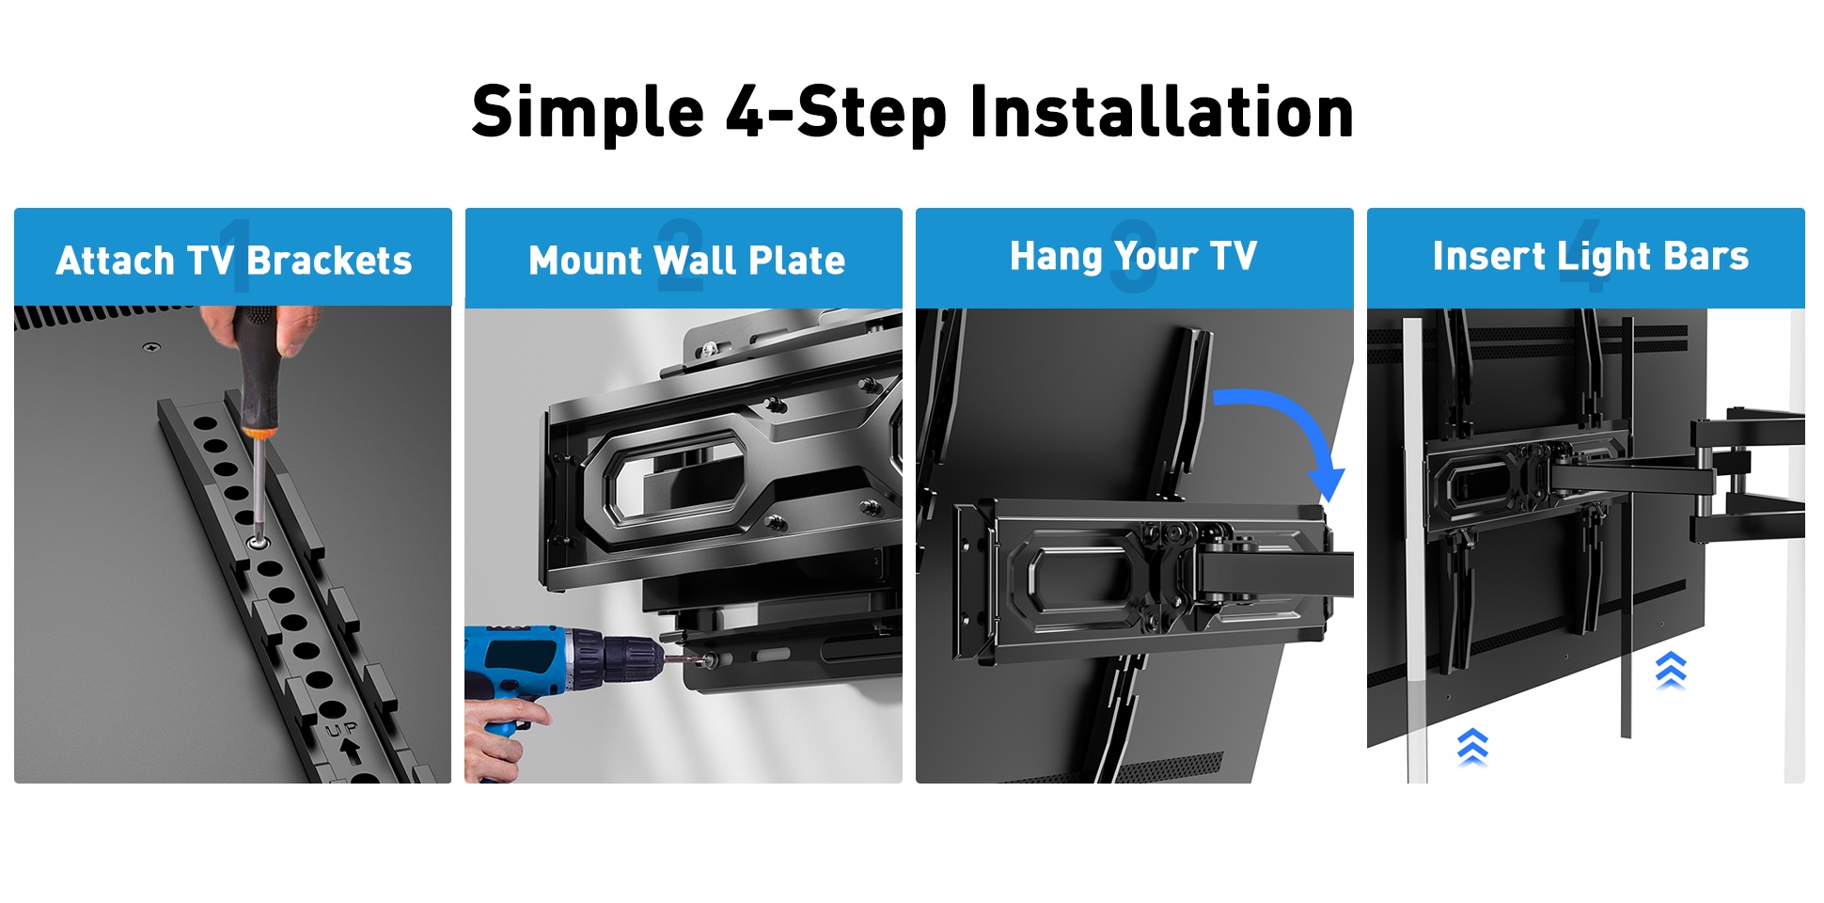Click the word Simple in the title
tap(588, 113)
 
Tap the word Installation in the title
tap(1161, 111)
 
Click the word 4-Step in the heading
tap(837, 113)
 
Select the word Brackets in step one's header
tap(329, 261)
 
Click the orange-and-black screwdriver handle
tap(256, 372)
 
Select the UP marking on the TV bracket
tap(341, 729)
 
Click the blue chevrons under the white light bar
tap(1472, 747)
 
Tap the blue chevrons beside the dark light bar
tap(1671, 670)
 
